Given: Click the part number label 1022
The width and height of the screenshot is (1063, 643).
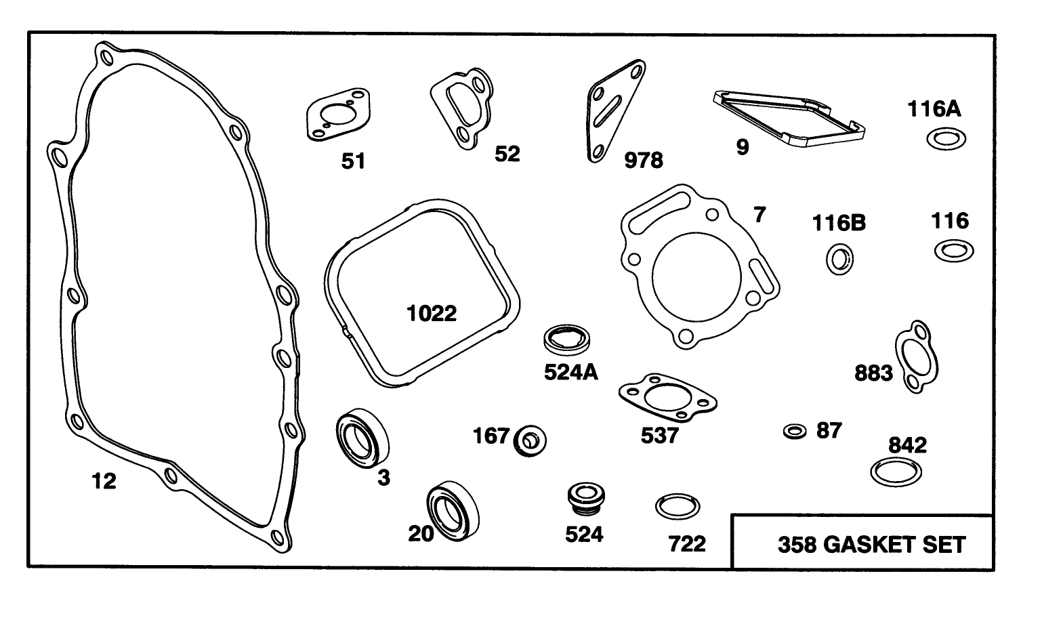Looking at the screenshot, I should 432,313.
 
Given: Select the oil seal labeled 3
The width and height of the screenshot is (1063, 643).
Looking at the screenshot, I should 362,437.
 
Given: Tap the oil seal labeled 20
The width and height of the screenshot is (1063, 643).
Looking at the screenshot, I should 452,510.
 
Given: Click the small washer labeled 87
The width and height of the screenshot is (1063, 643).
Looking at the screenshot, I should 794,431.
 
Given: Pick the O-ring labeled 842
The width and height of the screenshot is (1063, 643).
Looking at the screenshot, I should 895,472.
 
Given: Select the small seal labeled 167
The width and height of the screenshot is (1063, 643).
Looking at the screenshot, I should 530,441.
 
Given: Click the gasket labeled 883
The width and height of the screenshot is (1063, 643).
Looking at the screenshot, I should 917,356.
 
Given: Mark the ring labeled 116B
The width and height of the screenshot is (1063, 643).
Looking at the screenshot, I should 839,259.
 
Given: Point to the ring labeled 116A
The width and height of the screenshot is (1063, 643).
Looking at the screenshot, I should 946,139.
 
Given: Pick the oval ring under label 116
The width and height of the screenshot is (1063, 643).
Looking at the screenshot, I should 954,251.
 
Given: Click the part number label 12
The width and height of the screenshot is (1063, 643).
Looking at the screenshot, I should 104,481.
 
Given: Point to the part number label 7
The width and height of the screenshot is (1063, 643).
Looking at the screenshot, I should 759,215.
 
